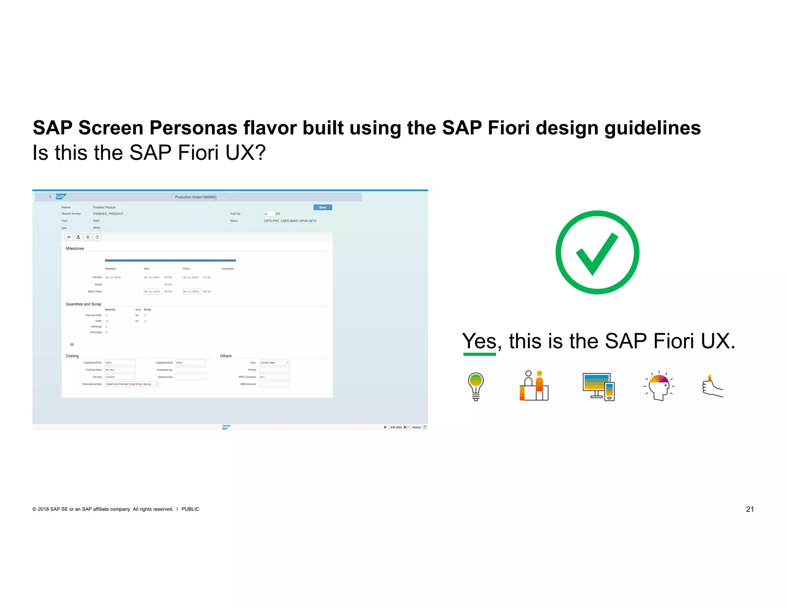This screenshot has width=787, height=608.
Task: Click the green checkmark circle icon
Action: coord(597,253)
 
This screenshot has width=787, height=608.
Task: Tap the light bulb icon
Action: coord(475,386)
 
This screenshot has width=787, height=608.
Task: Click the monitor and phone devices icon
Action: coord(598,386)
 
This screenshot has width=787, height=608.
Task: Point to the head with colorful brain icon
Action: coord(659,386)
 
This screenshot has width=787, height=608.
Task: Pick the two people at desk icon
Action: coord(534,386)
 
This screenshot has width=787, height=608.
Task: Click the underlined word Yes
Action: coord(479,341)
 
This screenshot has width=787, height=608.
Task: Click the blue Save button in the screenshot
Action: coord(322,208)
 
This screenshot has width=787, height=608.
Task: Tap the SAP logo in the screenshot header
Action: coord(61,197)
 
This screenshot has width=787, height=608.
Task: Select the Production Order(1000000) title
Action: coord(196,197)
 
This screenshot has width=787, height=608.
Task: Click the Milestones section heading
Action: coord(75,249)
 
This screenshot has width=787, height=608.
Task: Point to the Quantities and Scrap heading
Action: coord(83,304)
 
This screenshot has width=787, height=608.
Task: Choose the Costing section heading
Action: coord(72,356)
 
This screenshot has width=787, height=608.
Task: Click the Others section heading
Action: coord(226,356)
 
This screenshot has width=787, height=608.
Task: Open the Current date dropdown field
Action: coord(274,363)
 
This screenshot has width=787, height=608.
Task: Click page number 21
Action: coord(749,509)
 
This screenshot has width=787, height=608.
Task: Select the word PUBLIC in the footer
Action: coord(190,509)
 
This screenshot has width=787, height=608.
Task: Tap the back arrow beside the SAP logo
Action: coord(50,197)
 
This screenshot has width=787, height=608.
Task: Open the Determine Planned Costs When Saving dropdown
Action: coord(131,384)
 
